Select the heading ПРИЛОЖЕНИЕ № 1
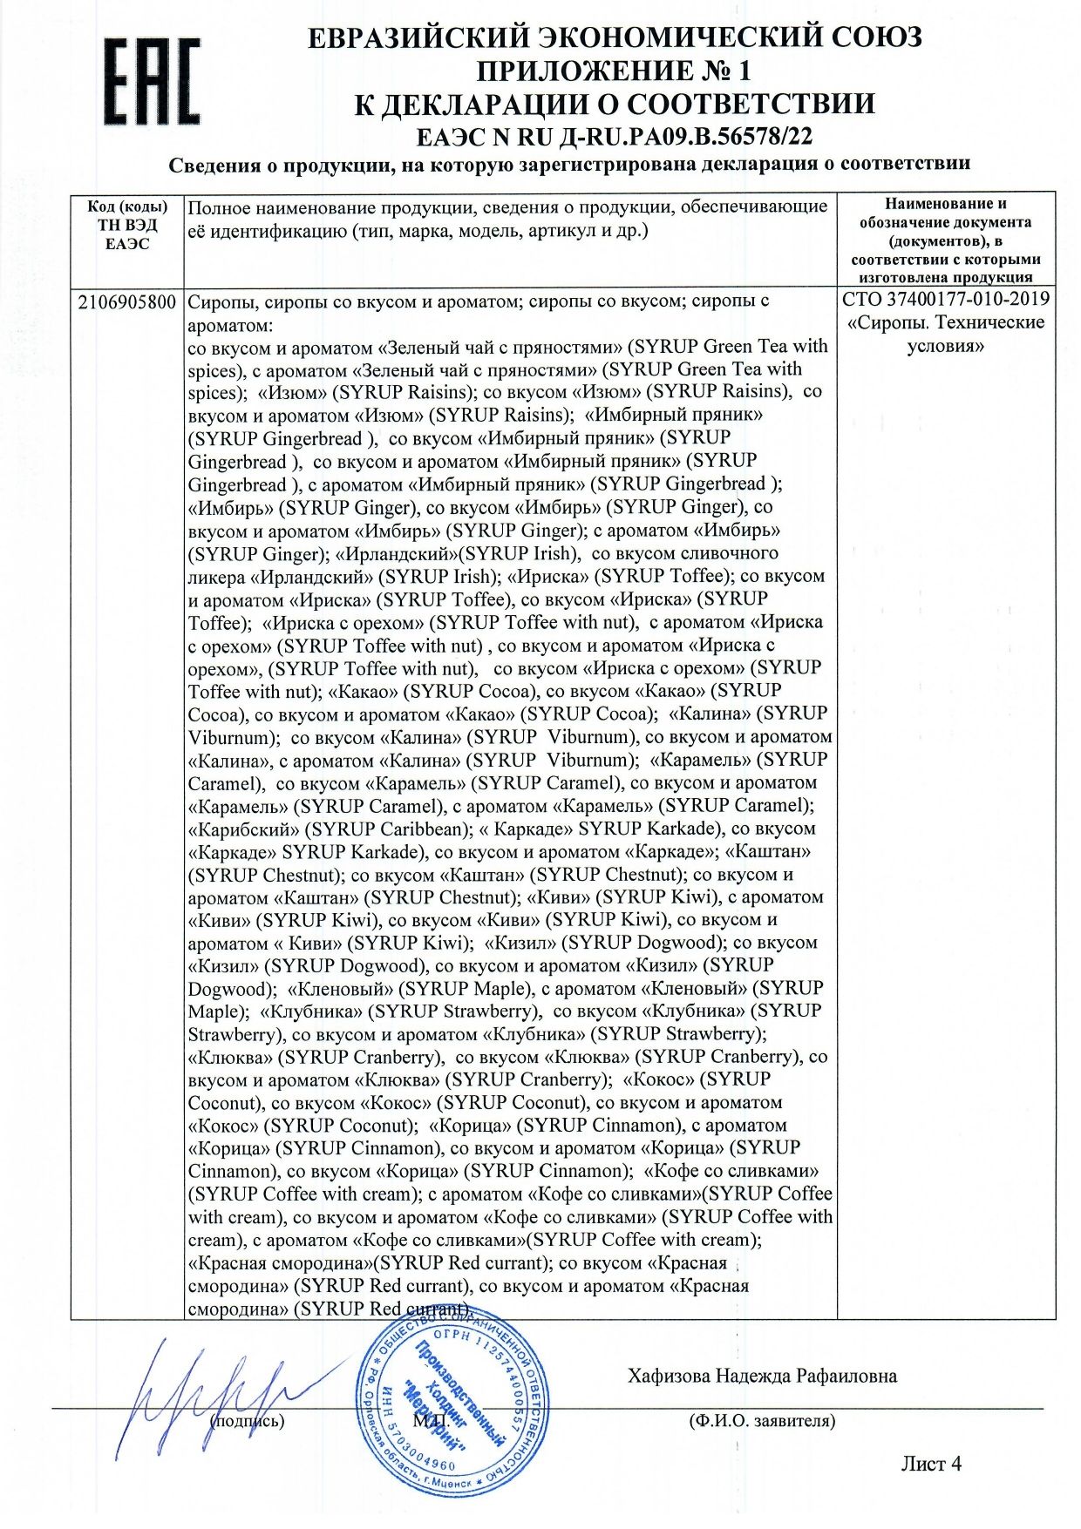615,70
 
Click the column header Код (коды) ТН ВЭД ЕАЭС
127,225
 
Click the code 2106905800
127,301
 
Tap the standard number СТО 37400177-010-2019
946,300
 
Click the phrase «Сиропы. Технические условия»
946,334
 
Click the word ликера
216,577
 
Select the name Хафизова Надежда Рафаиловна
762,1376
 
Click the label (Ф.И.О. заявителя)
761,1421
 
